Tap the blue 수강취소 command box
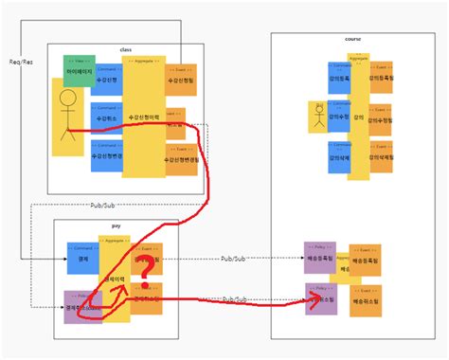(x=107, y=118)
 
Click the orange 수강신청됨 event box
(x=180, y=80)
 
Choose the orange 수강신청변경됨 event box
(x=181, y=159)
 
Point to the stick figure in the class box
(x=67, y=119)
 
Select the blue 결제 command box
(x=82, y=257)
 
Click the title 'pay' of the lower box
(x=117, y=227)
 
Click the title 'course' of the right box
(x=353, y=39)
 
